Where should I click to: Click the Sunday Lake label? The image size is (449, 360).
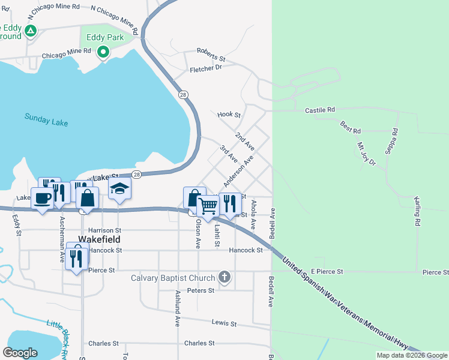click(x=46, y=119)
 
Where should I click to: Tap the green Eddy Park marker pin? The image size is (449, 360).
click(x=103, y=52)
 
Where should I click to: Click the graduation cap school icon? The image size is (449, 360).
click(x=119, y=188)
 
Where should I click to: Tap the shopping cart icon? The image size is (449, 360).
click(x=208, y=205)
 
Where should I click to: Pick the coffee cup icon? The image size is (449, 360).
click(x=42, y=198)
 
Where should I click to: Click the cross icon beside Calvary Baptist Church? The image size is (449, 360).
click(x=224, y=277)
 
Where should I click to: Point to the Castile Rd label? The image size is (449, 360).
click(x=319, y=110)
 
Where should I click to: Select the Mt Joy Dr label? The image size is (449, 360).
click(x=366, y=154)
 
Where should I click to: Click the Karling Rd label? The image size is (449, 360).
click(x=416, y=210)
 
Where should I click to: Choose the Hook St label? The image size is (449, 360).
click(x=229, y=115)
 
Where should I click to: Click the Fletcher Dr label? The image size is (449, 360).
click(x=206, y=69)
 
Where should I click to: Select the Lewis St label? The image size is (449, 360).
click(x=224, y=323)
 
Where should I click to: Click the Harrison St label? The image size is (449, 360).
click(x=104, y=230)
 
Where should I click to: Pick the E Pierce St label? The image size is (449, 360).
click(x=327, y=272)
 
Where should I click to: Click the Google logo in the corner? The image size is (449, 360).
click(x=20, y=353)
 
